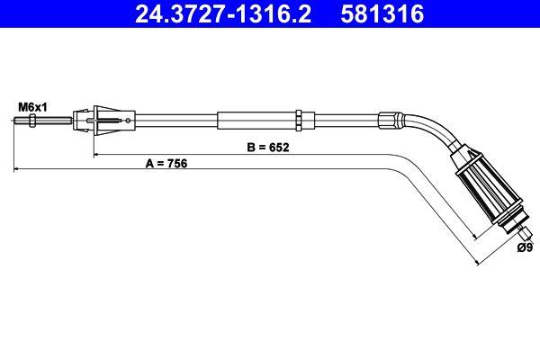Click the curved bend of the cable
(430, 129)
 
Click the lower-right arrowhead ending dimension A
(476, 262)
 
